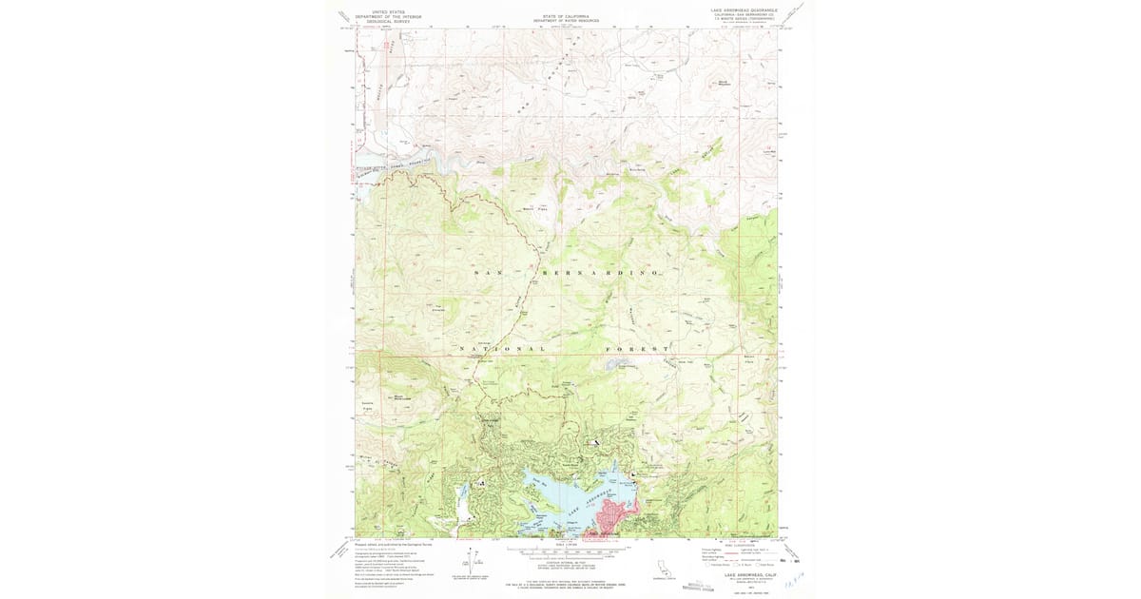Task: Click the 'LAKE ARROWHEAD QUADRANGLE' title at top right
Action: [744, 10]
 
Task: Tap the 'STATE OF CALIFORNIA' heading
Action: [566, 15]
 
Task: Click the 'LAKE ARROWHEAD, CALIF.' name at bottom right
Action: [750, 574]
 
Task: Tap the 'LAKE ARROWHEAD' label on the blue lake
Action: [587, 502]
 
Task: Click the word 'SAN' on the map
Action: [486, 273]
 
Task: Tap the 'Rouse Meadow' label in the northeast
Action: [724, 84]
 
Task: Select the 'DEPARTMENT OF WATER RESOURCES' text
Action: [566, 20]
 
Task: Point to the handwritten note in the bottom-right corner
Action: [788, 580]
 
